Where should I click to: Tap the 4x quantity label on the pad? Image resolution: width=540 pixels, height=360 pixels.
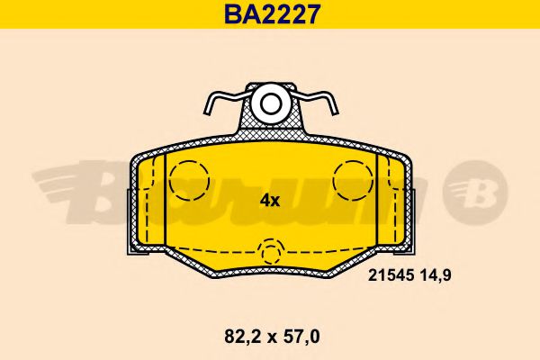point(270,201)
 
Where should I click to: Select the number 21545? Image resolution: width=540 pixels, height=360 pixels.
point(390,277)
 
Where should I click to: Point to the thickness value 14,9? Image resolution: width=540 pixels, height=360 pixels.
point(432,277)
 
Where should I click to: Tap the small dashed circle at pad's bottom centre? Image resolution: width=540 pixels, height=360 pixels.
point(270,251)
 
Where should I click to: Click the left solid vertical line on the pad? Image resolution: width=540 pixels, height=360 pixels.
point(167,198)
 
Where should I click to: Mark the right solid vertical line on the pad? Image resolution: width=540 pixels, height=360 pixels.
point(373,198)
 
